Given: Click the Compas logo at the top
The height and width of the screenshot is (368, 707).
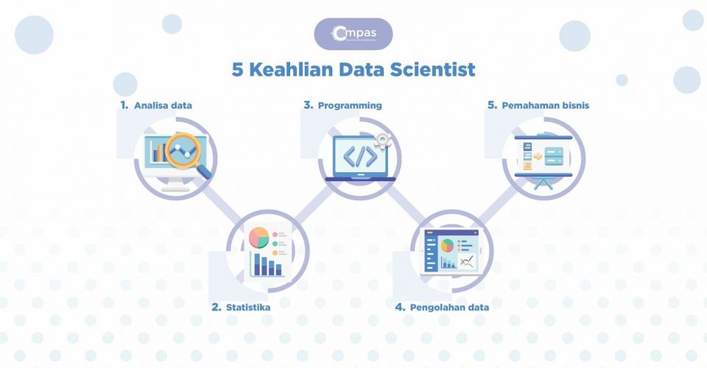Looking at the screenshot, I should pyautogui.click(x=353, y=33).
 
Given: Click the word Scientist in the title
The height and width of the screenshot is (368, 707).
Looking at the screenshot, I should pyautogui.click(x=434, y=70).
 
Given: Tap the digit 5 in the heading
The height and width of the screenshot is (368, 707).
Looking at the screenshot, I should pyautogui.click(x=236, y=70).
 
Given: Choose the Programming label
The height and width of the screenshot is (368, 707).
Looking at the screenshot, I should pyautogui.click(x=350, y=105).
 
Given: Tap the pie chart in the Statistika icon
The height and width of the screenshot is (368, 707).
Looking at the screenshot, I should pyautogui.click(x=258, y=237).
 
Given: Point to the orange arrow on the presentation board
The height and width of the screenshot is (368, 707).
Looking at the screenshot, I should pyautogui.click(x=538, y=156).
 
